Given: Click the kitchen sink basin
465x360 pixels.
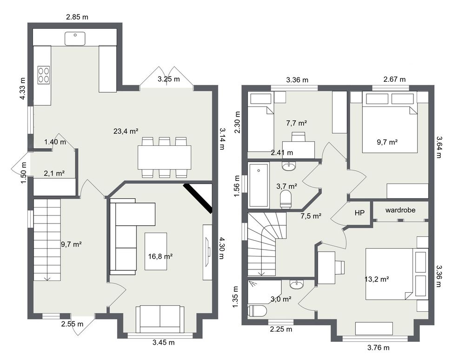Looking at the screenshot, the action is pos(75,39).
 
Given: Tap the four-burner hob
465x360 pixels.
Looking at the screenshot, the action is pos(44,74).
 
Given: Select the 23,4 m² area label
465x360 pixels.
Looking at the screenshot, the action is pos(126,131).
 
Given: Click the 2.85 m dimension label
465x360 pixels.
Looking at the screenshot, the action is pos(77,17).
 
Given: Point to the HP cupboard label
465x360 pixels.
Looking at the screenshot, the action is pos(359,213).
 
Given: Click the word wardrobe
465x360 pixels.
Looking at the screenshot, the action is pos(400,210).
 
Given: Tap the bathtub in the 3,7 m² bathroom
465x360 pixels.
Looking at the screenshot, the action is pos(259,185).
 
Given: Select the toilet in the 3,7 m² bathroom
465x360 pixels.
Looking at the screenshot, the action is pos(286,199).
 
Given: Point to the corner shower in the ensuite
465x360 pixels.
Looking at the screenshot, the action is pos(264,292).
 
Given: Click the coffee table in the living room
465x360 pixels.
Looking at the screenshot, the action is pos(156,251).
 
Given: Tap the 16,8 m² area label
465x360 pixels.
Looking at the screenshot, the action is pos(160,256).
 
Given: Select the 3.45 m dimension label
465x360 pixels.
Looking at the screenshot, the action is pos(164,343).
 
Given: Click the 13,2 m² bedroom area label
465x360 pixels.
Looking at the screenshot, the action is pos(377,279).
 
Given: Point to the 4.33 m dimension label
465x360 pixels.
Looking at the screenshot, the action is pos(22,88).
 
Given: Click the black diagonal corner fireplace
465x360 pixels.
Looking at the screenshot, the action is pos(198,198).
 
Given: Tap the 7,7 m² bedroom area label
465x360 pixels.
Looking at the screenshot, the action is pos(296,123).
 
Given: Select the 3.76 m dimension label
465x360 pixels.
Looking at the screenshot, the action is pos(379,348).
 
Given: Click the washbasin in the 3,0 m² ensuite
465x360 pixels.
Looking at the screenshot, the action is pos(297,284).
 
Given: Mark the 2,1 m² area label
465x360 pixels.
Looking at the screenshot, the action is pos(54,173).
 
